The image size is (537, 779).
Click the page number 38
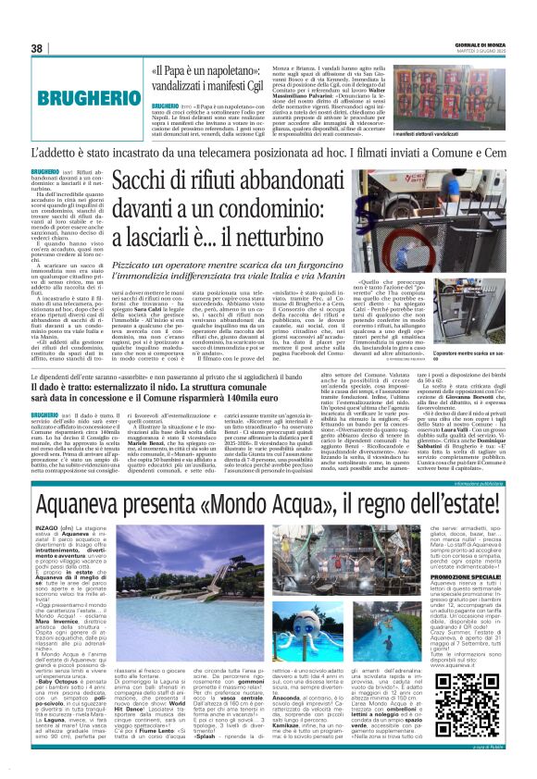click(37, 48)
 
